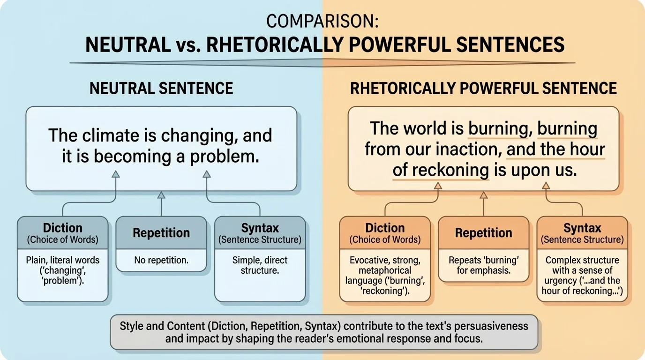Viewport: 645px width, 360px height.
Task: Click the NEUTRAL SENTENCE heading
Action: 161,88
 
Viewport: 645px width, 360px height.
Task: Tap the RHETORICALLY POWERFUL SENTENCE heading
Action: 483,88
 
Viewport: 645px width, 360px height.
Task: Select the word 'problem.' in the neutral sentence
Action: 231,157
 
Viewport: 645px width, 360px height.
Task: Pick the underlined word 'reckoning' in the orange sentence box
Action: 441,171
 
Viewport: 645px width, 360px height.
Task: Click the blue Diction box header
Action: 63,233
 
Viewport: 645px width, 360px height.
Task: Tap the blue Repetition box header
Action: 161,233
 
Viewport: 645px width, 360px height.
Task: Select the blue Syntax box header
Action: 260,233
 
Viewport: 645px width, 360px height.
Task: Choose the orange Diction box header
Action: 385,233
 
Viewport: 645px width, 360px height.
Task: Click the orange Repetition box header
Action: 483,233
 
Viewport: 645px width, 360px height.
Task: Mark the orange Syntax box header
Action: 582,233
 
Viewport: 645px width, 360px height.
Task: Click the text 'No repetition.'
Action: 161,260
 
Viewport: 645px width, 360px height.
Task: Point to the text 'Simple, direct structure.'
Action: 260,265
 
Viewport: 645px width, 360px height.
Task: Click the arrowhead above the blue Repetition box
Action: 161,195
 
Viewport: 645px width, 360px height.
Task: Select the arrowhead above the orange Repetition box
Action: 484,195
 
